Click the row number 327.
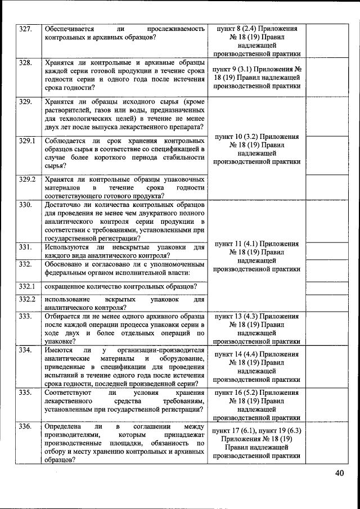(x=26, y=29)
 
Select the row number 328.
(x=26, y=62)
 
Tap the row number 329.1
(x=28, y=140)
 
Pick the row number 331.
(x=26, y=246)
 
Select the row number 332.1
(x=28, y=286)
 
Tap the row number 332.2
(x=28, y=300)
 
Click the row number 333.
(x=26, y=316)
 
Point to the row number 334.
(x=26, y=350)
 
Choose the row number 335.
(x=26, y=392)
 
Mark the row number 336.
(x=26, y=426)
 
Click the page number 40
(x=339, y=473)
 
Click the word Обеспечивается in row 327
(x=70, y=29)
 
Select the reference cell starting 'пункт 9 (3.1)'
(x=256, y=78)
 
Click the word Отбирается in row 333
(x=64, y=316)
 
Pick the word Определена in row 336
(x=65, y=426)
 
